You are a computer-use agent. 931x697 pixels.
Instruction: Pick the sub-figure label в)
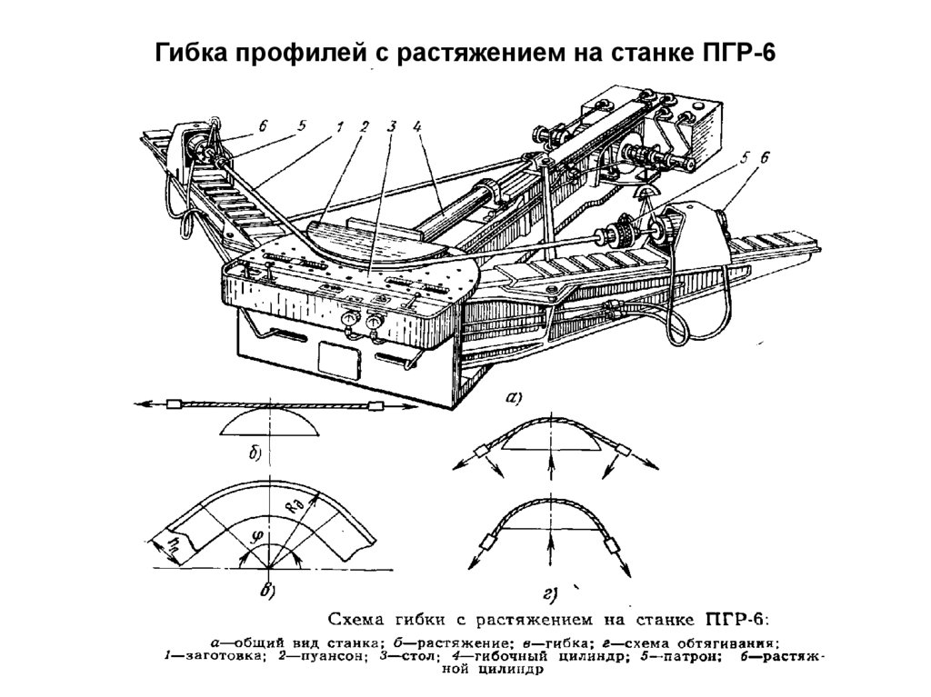point(269,592)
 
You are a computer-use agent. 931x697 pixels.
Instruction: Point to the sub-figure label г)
point(551,595)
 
